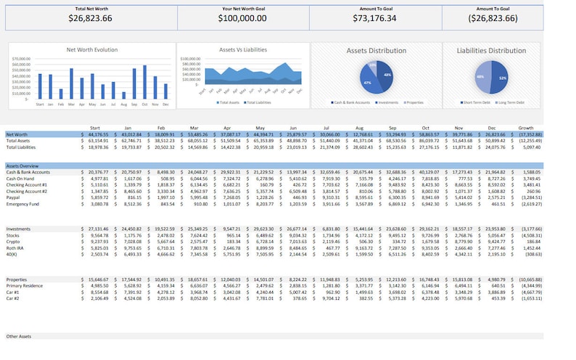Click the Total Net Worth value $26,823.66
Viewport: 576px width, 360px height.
tap(91, 18)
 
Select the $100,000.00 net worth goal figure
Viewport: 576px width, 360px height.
tap(242, 18)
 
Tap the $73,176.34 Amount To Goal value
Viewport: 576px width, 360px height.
tap(374, 18)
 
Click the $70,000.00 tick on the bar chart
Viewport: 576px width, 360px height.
tap(21, 59)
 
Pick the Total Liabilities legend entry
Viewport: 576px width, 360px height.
tap(258, 102)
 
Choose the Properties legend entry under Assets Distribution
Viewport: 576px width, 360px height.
tap(414, 102)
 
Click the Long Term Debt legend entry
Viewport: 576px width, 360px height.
tap(512, 102)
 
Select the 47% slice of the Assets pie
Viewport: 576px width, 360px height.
tap(369, 82)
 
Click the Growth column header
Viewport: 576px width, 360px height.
tap(525, 128)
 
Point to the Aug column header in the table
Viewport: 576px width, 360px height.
tap(359, 128)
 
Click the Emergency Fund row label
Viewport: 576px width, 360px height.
tap(22, 204)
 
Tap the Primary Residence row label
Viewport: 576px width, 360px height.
tap(24, 285)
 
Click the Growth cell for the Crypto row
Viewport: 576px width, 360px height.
tap(529, 241)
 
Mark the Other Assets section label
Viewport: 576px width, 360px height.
tap(19, 337)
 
